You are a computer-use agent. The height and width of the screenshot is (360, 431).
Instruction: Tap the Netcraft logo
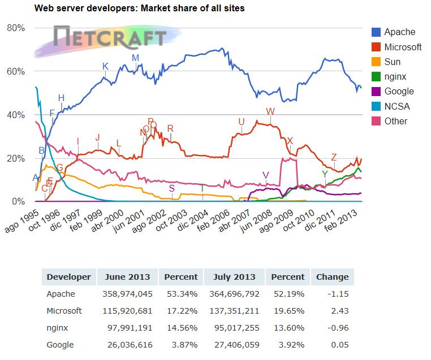point(110,38)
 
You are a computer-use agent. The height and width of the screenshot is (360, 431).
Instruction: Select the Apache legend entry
point(399,32)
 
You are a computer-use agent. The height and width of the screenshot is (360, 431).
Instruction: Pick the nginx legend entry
point(395,76)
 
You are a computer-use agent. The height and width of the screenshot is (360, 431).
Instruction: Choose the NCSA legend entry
point(396,106)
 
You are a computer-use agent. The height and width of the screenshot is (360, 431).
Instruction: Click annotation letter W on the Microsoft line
point(270,112)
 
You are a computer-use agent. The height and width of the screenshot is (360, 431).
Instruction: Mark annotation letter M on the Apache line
point(135,58)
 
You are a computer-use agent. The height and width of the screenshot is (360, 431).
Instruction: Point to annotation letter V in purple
point(266,175)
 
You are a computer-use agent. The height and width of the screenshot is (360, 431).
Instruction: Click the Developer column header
point(68,277)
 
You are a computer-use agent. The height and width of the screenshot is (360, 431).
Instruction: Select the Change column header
point(332,277)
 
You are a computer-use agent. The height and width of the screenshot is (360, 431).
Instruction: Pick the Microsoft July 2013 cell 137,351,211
point(233,311)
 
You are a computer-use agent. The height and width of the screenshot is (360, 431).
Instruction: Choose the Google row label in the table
point(60,345)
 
